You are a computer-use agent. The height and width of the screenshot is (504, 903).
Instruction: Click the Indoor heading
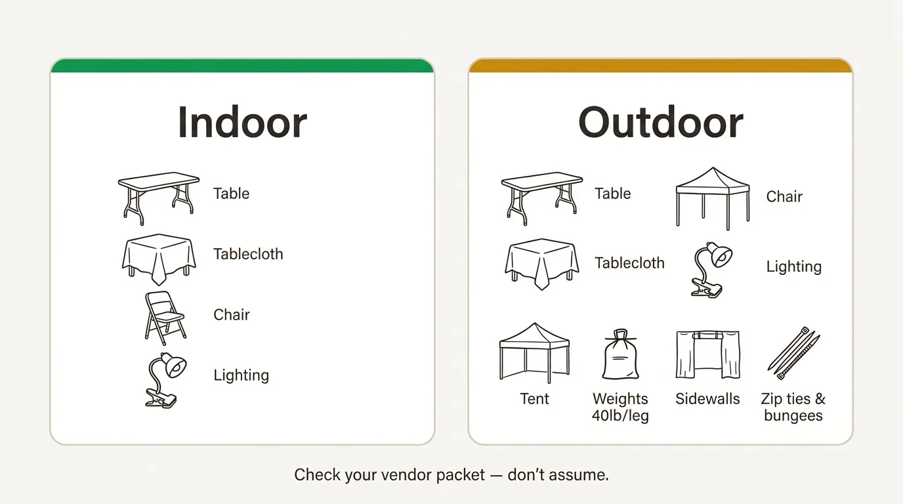pos(242,122)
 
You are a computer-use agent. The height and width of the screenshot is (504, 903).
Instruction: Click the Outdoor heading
pos(660,122)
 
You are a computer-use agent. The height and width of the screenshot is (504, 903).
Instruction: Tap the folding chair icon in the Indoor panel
pos(164,318)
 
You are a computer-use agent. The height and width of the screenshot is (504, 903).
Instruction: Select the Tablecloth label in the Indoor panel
pos(248,254)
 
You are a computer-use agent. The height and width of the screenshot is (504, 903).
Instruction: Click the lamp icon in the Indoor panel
pos(165,380)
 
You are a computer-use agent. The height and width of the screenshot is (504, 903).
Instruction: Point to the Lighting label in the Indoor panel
pos(241,375)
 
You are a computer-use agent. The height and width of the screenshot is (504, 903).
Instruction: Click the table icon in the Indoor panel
pos(158,196)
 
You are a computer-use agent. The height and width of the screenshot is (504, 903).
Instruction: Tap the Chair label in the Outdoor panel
pos(784,196)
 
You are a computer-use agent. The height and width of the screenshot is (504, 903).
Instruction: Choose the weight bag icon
pos(620,356)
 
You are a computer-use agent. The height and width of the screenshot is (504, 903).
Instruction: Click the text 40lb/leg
pos(620,416)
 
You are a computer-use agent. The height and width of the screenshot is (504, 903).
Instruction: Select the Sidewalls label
pos(707,399)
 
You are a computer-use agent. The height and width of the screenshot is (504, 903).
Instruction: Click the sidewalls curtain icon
pos(707,354)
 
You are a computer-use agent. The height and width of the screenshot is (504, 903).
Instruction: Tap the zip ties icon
pos(793,353)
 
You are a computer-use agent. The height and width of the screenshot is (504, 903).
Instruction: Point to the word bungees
pos(793,416)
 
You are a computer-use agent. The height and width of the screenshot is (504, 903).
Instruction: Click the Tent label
pos(534,399)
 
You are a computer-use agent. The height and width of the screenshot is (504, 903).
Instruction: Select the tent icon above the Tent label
pos(534,352)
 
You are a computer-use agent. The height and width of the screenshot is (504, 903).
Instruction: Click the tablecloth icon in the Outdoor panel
pos(541,264)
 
